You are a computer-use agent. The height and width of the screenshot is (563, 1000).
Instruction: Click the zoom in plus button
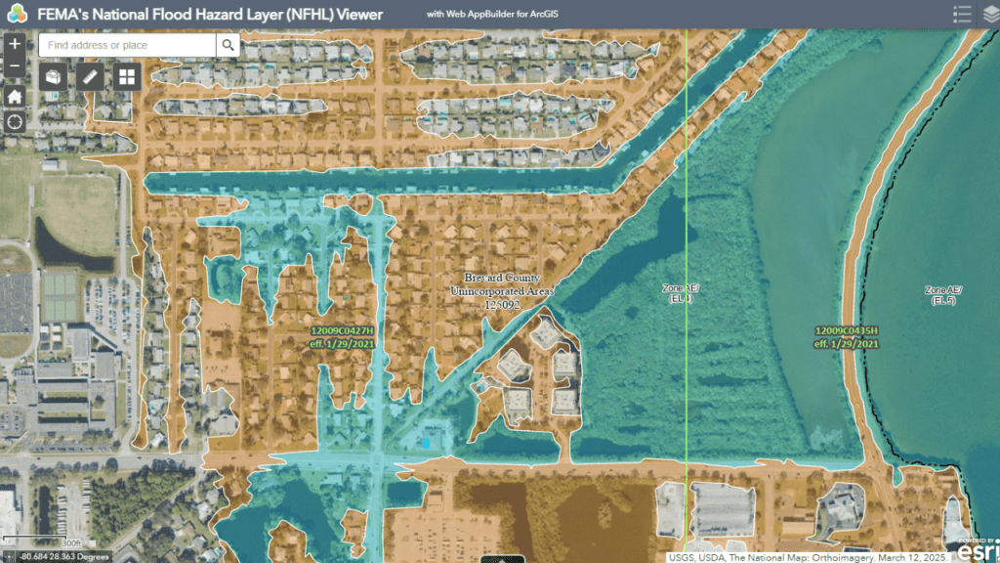[x=15, y=44]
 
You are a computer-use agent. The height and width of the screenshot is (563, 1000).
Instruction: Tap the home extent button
[x=15, y=96]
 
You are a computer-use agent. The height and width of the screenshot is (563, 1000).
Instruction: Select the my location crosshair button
[x=15, y=121]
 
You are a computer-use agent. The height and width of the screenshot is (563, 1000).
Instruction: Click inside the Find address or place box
[x=127, y=45]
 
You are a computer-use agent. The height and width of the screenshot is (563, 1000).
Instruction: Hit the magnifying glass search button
[x=228, y=45]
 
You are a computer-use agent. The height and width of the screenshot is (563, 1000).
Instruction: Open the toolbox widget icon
[x=54, y=76]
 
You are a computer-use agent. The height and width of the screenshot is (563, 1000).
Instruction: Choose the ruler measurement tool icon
[x=91, y=76]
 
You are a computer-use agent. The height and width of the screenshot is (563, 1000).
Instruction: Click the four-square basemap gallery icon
[x=127, y=76]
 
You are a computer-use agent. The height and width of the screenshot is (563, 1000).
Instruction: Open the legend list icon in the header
[x=962, y=14]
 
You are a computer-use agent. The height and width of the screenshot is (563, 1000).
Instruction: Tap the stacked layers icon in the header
[x=990, y=14]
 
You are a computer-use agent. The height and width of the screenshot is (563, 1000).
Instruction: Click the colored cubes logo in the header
[x=17, y=15]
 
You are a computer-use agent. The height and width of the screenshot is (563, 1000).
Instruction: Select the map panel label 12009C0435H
[x=847, y=332]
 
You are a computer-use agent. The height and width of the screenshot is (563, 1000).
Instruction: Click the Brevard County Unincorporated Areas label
[x=502, y=291]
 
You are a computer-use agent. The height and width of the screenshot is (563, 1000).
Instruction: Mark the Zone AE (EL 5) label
[x=942, y=295]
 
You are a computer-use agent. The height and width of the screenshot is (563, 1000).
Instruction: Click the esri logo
[x=977, y=548]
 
